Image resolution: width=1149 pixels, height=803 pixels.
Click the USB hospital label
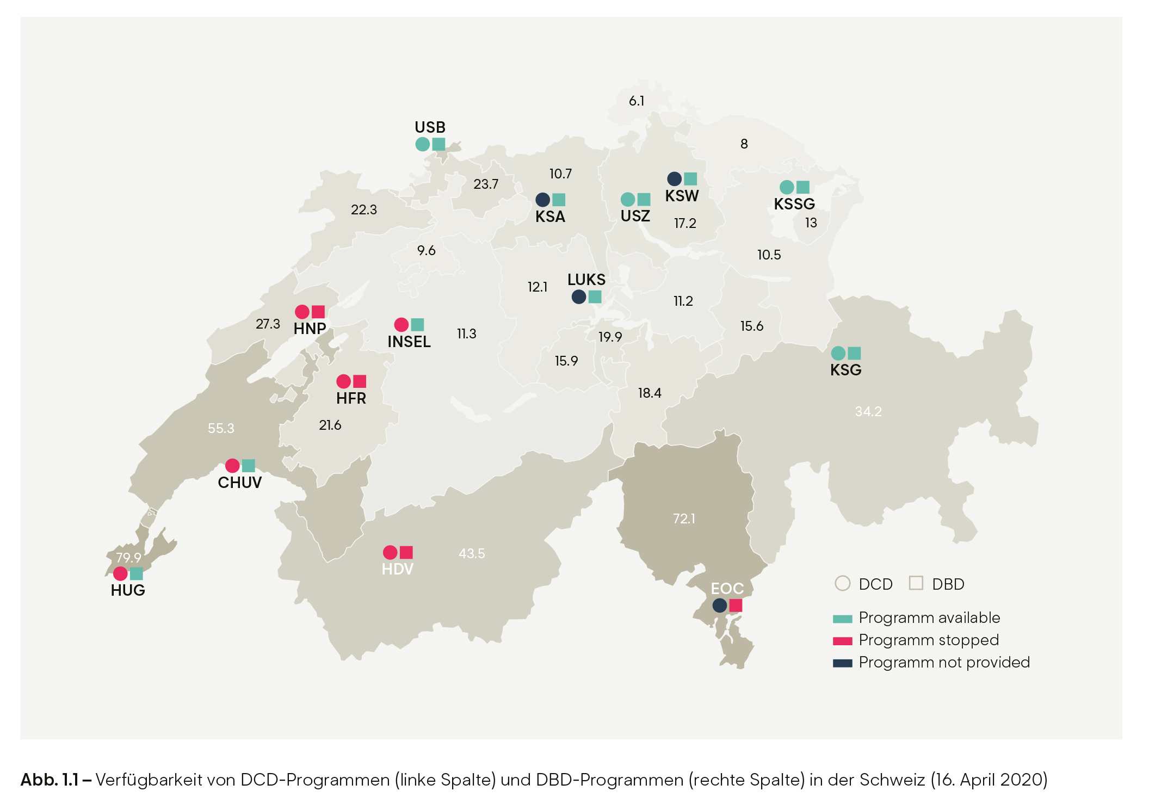pos(430,127)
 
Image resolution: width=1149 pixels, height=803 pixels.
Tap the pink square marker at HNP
pos(318,312)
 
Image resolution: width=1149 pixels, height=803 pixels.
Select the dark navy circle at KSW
pos(674,178)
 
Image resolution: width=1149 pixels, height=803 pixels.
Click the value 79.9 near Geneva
pos(128,558)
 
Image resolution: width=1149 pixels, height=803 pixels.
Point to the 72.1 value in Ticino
pos(684,518)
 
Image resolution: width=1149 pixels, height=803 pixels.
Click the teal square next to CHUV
pos(249,466)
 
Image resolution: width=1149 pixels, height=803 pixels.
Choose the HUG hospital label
pos(128,590)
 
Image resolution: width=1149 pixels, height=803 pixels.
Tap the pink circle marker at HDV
pos(390,553)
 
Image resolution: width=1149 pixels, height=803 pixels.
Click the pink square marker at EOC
pos(736,605)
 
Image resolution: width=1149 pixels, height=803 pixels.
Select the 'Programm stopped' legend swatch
pos(842,641)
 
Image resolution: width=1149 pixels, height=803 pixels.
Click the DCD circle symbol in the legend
pos(842,583)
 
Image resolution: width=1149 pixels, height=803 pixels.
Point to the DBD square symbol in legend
pos(916,583)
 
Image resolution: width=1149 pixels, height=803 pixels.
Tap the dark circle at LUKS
pos(579,297)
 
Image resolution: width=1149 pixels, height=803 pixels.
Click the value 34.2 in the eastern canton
pos(868,411)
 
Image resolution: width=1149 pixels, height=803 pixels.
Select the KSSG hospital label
pos(794,204)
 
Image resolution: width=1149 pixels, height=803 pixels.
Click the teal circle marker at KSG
pos(838,353)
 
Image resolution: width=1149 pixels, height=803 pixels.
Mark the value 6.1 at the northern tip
pos(637,101)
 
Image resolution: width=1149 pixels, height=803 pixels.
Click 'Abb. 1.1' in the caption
pos(50,780)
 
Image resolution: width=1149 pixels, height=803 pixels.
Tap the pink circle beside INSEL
pos(401,325)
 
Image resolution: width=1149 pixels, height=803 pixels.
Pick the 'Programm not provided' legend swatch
pos(842,663)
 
